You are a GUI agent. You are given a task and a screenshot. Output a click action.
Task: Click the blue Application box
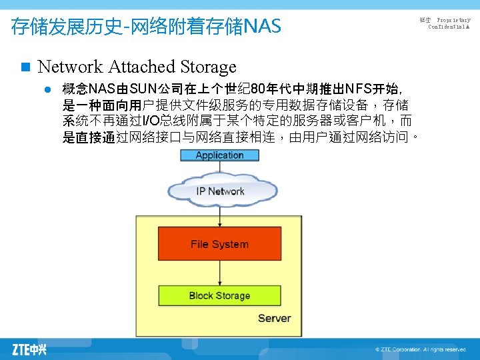[x=219, y=155]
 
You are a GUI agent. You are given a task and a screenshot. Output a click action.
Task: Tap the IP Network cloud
[x=219, y=191]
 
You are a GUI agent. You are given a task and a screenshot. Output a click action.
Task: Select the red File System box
[x=219, y=244]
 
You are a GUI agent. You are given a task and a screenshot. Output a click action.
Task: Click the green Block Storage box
[x=219, y=295]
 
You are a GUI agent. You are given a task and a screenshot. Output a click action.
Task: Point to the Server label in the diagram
[x=274, y=318]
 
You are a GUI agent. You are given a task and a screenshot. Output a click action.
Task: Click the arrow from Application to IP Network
[x=219, y=167]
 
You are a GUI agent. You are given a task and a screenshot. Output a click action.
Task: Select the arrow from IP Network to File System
[x=219, y=216]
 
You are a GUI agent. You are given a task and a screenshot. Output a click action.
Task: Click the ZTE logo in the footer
[x=29, y=349]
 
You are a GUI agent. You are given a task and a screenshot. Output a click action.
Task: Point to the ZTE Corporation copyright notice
[x=420, y=349]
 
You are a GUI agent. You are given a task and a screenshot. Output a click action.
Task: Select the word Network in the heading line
[x=70, y=67]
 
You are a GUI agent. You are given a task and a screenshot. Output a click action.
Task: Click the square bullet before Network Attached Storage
[x=25, y=67]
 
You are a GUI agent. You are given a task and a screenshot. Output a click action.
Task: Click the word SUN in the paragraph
[x=144, y=89]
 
